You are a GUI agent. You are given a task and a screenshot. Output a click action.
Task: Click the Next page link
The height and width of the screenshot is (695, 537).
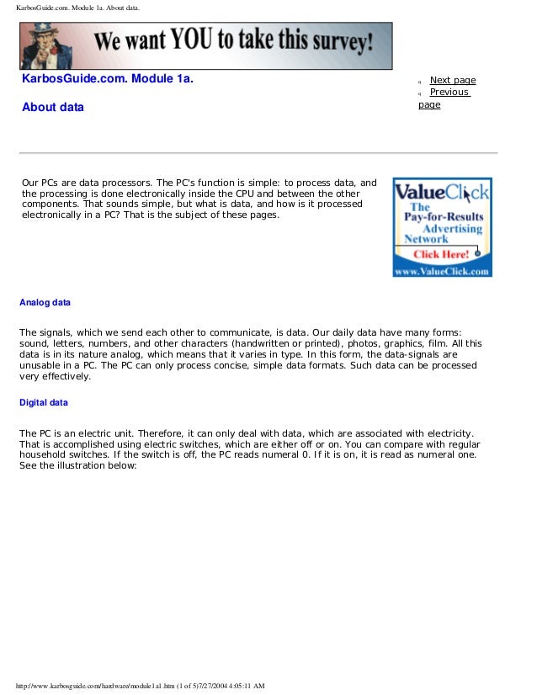453,81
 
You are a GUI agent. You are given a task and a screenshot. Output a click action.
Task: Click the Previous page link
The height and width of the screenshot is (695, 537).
449,93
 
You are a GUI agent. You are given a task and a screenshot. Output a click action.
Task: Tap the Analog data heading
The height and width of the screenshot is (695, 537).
45,302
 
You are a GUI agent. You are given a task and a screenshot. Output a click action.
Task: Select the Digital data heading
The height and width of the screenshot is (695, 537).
44,403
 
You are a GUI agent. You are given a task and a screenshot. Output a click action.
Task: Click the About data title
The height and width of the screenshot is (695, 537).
53,108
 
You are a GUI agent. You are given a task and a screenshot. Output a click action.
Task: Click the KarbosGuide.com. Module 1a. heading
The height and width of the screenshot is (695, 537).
107,80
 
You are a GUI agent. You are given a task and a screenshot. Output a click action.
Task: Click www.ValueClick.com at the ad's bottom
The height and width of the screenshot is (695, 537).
442,272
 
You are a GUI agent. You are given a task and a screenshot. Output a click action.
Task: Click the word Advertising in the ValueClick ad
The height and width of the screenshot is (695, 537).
453,228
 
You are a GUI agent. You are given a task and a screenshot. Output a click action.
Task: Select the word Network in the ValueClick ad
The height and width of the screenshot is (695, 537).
427,239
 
